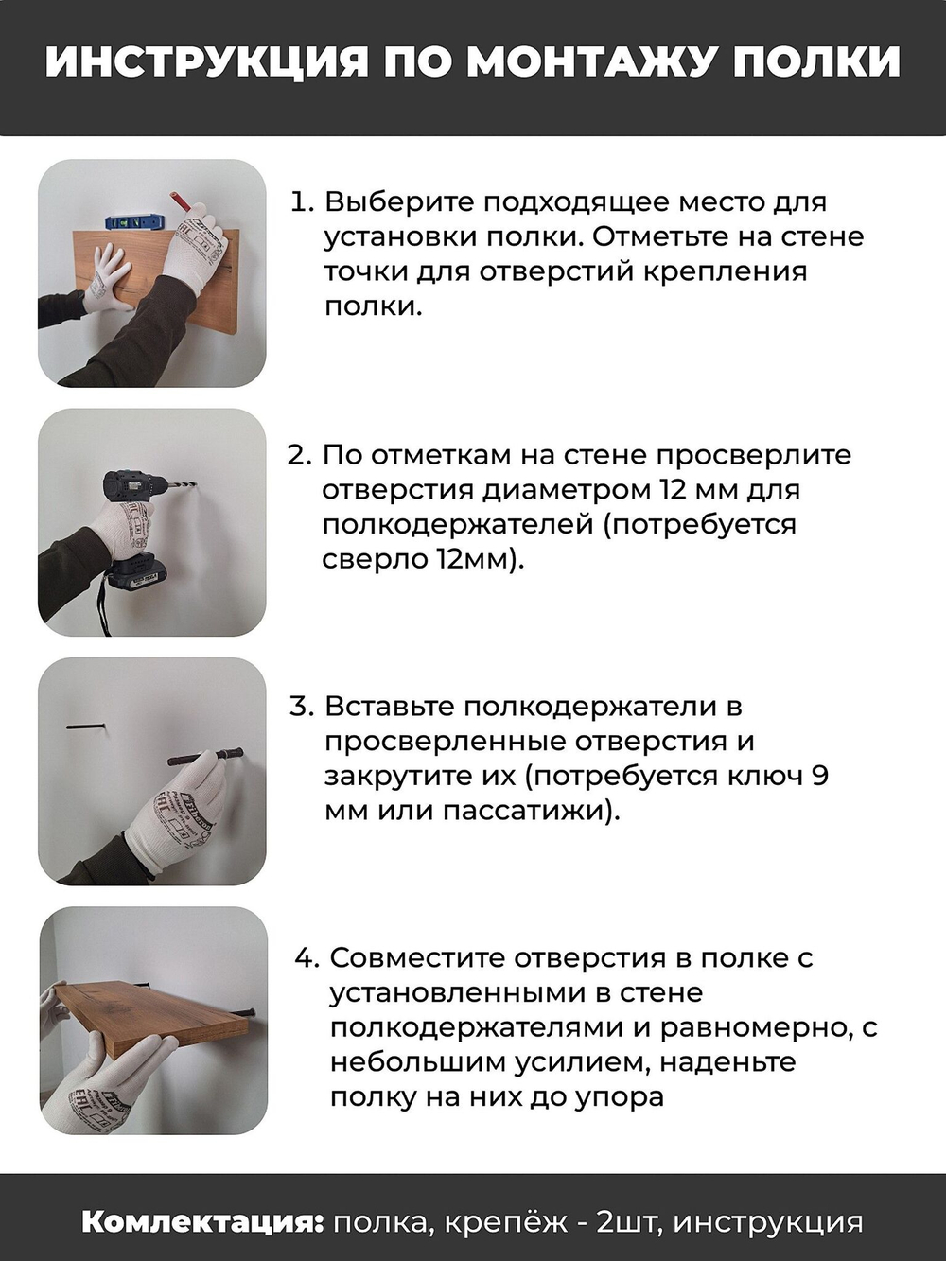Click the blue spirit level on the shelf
pos(134,222)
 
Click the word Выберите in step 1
pos(399,202)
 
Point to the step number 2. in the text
pos(299,455)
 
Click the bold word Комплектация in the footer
pos(202,1221)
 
